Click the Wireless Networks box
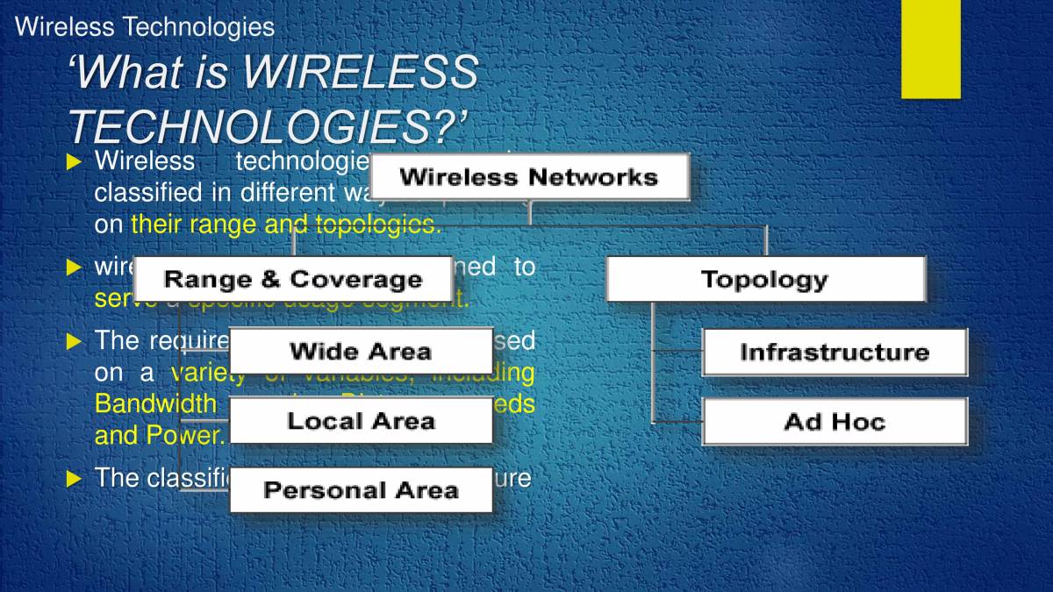tap(528, 177)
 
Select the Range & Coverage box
tap(293, 280)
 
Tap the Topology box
tap(765, 280)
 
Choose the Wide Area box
tap(361, 352)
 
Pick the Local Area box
tap(361, 421)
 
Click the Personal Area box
tap(361, 489)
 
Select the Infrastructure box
tap(834, 353)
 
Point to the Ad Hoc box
tap(834, 422)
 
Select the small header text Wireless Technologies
tap(145, 27)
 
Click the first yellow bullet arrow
tap(74, 161)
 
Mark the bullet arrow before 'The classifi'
tap(74, 478)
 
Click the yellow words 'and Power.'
tap(159, 435)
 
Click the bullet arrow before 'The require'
tap(74, 341)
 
